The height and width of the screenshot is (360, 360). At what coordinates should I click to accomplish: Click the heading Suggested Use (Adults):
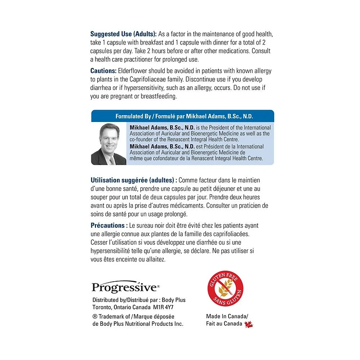click(123, 35)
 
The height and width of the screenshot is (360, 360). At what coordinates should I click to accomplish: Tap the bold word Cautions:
click(103, 71)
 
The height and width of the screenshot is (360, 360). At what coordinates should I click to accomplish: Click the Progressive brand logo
click(125, 287)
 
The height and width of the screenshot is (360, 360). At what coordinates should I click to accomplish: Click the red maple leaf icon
click(248, 324)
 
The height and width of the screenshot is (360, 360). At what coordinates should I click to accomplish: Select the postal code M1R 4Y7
click(164, 307)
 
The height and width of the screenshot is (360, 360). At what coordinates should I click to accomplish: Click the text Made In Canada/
click(227, 316)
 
